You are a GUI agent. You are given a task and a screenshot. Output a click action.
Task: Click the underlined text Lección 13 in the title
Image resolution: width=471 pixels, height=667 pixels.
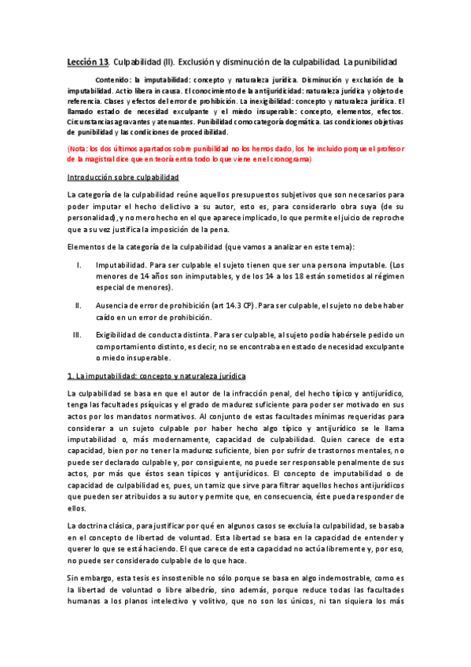[x=86, y=61]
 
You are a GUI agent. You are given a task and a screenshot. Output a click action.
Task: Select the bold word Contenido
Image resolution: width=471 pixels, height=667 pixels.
[x=112, y=80]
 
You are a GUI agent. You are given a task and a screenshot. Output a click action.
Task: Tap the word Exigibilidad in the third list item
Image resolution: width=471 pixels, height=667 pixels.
[x=117, y=333]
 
